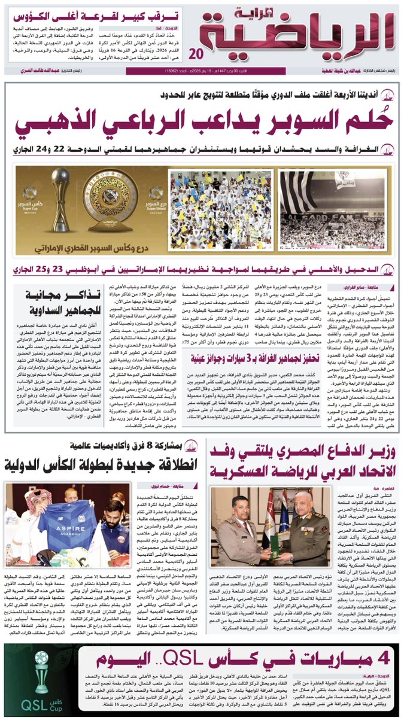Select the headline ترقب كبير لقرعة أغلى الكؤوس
click(x=92, y=14)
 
